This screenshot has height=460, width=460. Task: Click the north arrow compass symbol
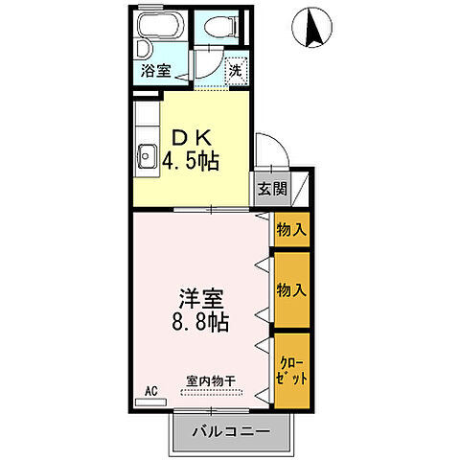point(314,27)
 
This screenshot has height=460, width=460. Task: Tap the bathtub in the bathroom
point(160,26)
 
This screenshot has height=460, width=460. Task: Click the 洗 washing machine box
point(235,69)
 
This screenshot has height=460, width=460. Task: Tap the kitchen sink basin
point(148,154)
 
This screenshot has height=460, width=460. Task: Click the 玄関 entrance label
point(271,188)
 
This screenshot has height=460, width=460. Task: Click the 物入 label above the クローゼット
point(290,288)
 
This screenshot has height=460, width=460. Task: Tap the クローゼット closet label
point(291,372)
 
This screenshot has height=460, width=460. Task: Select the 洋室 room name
point(199,297)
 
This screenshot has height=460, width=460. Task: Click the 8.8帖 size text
point(199,323)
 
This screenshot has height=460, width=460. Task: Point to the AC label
point(150,390)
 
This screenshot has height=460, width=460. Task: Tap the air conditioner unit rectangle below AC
point(150,402)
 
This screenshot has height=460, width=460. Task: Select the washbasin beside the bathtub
point(141,48)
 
